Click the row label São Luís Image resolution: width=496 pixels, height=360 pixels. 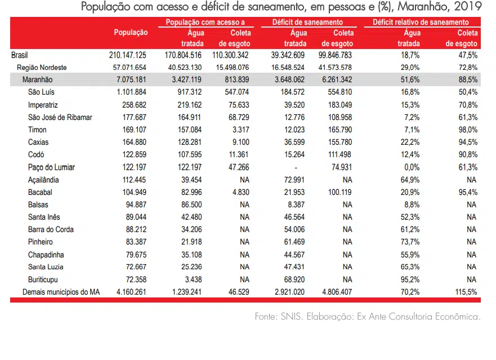click(41, 92)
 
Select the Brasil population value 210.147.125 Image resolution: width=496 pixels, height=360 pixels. click(127, 55)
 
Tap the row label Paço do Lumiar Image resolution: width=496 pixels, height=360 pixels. click(51, 167)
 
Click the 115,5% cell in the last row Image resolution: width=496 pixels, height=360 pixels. click(466, 292)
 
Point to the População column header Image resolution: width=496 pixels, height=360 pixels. click(131, 32)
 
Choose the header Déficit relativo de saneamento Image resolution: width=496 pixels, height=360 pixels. click(421, 22)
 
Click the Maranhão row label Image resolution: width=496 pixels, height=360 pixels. click(37, 79)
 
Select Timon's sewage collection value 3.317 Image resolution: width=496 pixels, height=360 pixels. click(241, 130)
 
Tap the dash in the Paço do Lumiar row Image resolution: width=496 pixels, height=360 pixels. click(296, 167)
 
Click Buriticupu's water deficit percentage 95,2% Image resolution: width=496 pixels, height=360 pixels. click(410, 279)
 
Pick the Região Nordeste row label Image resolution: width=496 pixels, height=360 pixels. click(42, 68)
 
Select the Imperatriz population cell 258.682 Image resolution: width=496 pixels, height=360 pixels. click(134, 105)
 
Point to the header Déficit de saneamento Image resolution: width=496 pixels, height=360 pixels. click(307, 22)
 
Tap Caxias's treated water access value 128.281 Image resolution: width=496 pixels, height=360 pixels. click(190, 142)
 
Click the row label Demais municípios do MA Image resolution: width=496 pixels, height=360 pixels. click(61, 292)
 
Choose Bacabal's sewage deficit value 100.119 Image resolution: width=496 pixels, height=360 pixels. click(339, 192)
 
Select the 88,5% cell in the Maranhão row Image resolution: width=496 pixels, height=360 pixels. click(468, 79)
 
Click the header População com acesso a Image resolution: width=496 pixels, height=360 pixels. click(205, 22)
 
